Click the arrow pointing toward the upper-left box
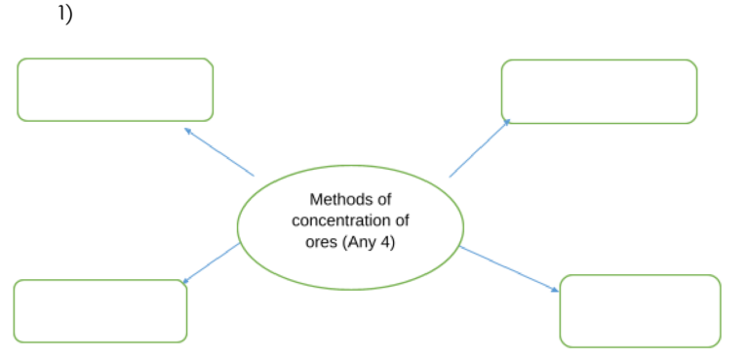tap(219, 152)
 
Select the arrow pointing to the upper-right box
tap(480, 148)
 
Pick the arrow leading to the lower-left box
tap(211, 263)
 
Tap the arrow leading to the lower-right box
tap(509, 269)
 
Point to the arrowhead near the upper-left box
tap(187, 131)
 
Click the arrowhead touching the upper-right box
tap(507, 122)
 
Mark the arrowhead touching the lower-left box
tap(186, 281)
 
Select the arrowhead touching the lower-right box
tap(555, 290)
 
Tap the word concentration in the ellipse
tap(338, 220)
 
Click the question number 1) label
tap(65, 14)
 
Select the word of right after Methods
tap(383, 199)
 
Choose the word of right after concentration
tap(400, 220)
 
